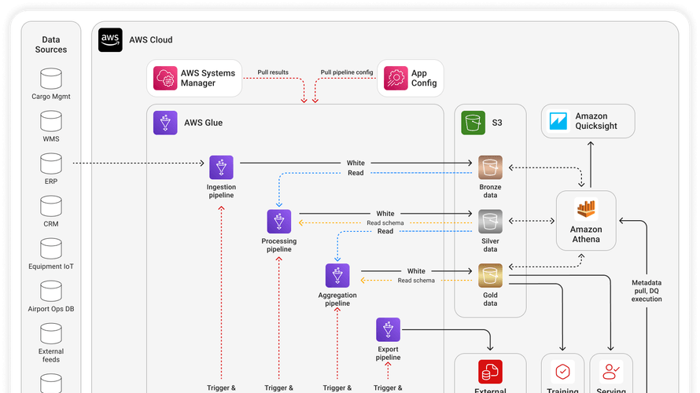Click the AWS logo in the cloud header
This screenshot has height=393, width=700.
pyautogui.click(x=110, y=40)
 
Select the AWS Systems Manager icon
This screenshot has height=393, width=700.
pyautogui.click(x=166, y=79)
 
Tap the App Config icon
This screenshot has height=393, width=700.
pyautogui.click(x=394, y=79)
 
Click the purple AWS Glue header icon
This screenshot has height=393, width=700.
pyautogui.click(x=166, y=123)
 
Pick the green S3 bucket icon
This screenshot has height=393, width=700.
pyautogui.click(x=473, y=123)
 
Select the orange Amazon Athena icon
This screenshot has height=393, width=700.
pyautogui.click(x=586, y=210)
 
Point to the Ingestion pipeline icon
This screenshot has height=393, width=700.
pyautogui.click(x=221, y=167)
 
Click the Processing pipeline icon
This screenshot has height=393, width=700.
pyautogui.click(x=279, y=222)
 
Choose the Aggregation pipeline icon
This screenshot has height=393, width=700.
pyautogui.click(x=337, y=276)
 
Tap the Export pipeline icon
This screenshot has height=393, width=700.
pyautogui.click(x=388, y=329)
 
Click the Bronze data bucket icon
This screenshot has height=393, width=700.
pyautogui.click(x=490, y=167)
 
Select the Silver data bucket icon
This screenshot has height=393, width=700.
pyautogui.click(x=490, y=222)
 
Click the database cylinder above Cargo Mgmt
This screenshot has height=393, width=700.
pyautogui.click(x=51, y=78)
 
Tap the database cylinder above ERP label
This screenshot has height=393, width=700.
pyautogui.click(x=51, y=163)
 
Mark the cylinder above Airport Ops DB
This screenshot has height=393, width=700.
pyautogui.click(x=51, y=290)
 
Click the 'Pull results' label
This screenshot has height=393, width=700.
pyautogui.click(x=273, y=72)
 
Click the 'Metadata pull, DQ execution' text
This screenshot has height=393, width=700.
pyautogui.click(x=647, y=291)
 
